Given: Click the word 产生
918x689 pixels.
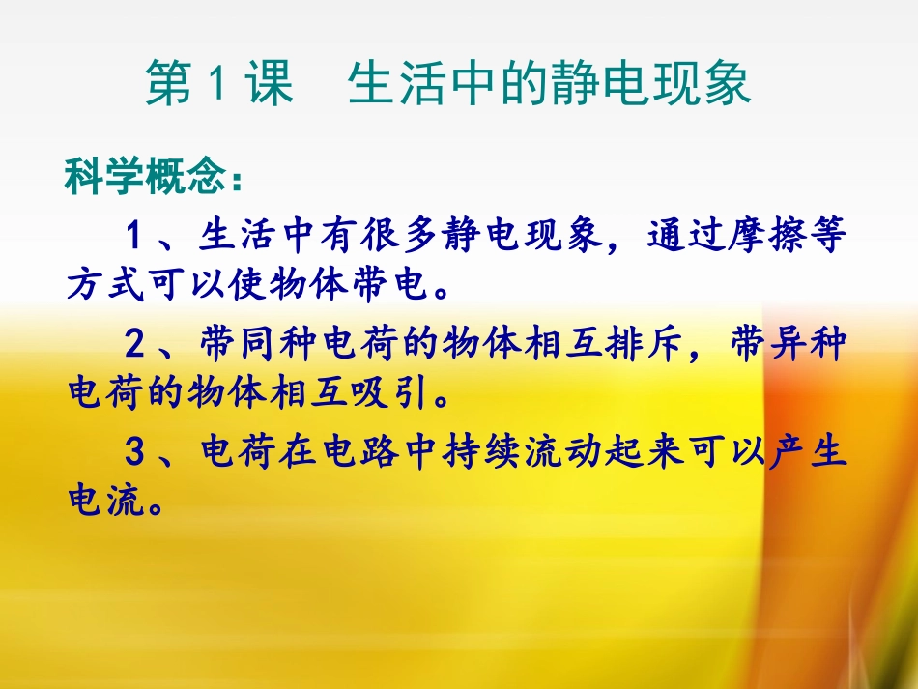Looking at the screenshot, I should [807, 451].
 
